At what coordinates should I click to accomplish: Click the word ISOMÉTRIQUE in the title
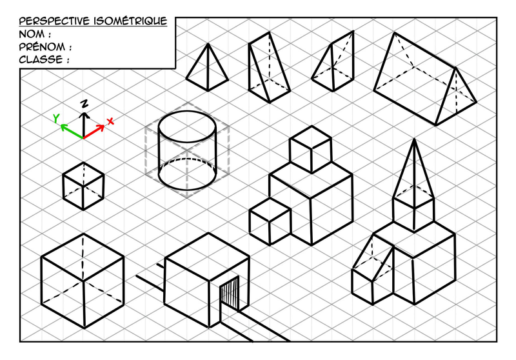pos(130,21)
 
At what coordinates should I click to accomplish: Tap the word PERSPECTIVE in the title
pos(54,21)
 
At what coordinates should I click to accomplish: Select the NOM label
pos(32,34)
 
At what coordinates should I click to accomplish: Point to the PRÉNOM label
pos(42,46)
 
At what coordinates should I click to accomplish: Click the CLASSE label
pos(41,59)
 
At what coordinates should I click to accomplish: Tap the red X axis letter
pos(110,121)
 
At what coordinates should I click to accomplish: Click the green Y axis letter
pos(57,118)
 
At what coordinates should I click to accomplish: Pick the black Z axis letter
pos(84,103)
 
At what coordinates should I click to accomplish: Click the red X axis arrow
pos(94,132)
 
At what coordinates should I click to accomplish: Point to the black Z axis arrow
pos(84,125)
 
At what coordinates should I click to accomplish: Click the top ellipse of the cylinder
pos(187,126)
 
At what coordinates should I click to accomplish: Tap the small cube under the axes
pos(83,186)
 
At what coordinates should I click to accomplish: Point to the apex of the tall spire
pos(414,139)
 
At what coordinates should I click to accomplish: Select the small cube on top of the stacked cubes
pos(311,150)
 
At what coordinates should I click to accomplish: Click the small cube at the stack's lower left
pos(270,221)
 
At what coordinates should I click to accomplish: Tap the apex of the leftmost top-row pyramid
pos(208,44)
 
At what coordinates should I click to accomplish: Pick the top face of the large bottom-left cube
pos(83,257)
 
